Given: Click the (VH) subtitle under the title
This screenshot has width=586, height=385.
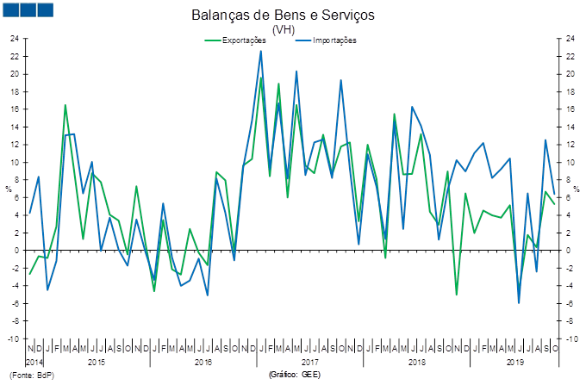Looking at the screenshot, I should tap(284, 29).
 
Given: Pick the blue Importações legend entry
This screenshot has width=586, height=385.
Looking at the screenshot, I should tap(327, 40).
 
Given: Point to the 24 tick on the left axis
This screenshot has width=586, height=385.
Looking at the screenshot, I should tap(14, 39).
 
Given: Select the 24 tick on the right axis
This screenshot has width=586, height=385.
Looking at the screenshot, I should tap(570, 39).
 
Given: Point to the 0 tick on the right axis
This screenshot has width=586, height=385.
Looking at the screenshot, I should tap(569, 251).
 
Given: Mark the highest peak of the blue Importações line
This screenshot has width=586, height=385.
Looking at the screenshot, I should tap(261, 51).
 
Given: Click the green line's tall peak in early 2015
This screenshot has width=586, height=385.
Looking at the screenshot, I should tap(65, 105).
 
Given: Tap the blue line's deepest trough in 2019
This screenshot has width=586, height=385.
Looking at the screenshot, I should tap(519, 302).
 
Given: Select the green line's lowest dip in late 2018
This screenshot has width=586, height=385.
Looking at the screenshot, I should tap(457, 295).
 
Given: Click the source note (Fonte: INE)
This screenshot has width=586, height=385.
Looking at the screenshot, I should tap(31, 376).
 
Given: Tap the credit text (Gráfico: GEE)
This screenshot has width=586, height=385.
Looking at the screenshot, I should tap(294, 376).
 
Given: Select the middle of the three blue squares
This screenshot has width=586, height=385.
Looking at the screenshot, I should tap(28, 9).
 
